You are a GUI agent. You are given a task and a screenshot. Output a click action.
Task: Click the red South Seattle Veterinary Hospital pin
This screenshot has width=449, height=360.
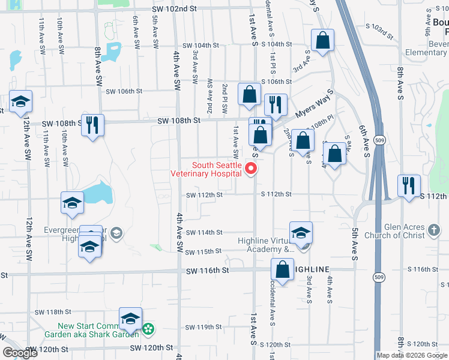point(253,169)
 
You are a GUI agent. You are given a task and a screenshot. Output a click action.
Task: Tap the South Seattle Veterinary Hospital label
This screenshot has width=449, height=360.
point(217,169)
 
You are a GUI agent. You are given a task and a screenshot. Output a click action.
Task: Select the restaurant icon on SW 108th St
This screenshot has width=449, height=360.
point(92,125)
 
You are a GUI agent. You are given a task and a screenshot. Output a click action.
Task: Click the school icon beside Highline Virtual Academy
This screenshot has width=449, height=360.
point(301,232)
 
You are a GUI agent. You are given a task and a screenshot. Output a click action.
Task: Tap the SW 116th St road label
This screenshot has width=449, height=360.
point(207,271)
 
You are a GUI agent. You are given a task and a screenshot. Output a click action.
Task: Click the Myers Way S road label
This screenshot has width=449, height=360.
point(314,109)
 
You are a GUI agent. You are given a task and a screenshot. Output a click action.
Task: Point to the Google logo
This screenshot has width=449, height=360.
point(20,353)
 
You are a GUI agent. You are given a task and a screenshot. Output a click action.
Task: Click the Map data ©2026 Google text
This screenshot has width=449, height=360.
point(412,355)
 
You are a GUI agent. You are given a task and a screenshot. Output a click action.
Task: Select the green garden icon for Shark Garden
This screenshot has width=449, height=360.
point(147,328)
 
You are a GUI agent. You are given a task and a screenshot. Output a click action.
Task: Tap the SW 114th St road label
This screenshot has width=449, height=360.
point(204,232)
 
